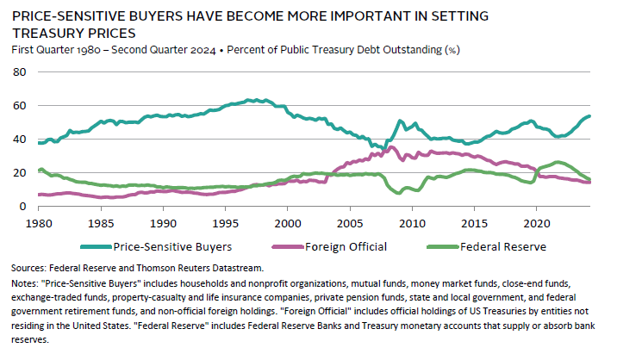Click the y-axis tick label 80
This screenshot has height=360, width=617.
pos(19,71)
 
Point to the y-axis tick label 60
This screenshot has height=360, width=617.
pos(19,105)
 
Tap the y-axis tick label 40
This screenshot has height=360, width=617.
pos(19,139)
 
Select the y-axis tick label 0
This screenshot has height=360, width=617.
pos(22,207)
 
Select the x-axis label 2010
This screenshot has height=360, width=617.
pos(412,221)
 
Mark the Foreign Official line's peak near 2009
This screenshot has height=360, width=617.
pos(391,147)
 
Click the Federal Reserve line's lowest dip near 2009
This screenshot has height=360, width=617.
pos(398,193)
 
